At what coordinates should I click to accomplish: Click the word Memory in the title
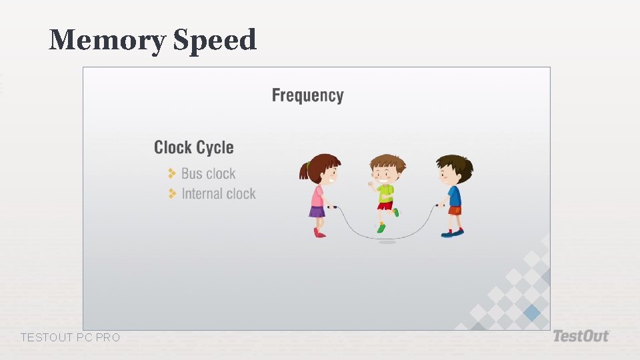point(107,41)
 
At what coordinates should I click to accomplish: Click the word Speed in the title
point(215,41)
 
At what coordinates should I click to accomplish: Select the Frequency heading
point(307,95)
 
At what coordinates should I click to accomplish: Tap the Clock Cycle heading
point(193,147)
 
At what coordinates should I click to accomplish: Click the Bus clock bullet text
point(208,174)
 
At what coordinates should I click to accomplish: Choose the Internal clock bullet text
point(219,194)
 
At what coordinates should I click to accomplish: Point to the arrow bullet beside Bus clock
point(172,173)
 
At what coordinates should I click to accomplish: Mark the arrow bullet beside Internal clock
point(172,193)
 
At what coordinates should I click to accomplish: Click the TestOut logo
point(580,336)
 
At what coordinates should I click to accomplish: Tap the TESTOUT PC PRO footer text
point(70,338)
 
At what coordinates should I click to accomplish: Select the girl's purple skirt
point(317,212)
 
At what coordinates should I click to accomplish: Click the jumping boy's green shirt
point(385,193)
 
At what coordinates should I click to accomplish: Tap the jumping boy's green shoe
point(381,228)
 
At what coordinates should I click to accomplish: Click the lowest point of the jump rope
point(387,238)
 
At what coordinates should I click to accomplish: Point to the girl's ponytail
point(305,172)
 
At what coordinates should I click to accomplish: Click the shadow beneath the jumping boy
point(387,242)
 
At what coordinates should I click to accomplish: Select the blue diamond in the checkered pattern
point(531,312)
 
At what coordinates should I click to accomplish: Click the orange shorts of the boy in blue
point(455,211)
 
